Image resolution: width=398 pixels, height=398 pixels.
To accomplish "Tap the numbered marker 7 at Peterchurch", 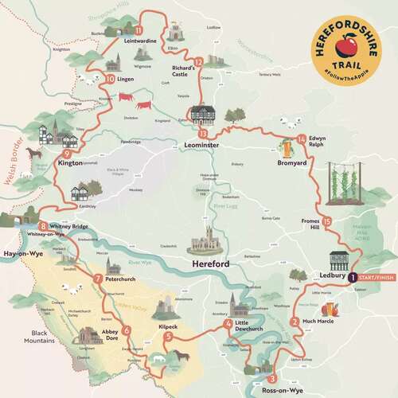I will pos(98,279).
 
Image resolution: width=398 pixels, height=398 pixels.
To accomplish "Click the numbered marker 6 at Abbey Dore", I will pos(126,330).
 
